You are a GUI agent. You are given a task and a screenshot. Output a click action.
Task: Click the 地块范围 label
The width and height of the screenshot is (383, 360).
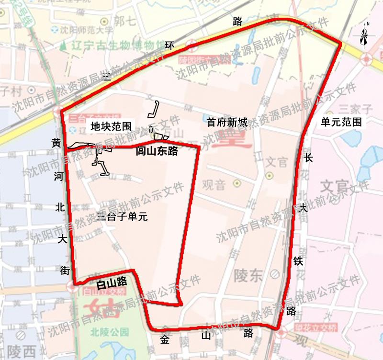click(x=111, y=126)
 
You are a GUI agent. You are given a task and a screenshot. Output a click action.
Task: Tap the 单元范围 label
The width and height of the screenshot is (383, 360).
click(x=341, y=122)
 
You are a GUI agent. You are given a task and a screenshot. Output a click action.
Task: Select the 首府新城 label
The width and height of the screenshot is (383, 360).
click(x=227, y=123)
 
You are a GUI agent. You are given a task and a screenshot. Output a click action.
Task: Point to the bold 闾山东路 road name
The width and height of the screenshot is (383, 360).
click(x=157, y=151)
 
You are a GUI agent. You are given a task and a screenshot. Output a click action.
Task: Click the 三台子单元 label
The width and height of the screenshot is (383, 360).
click(x=122, y=216)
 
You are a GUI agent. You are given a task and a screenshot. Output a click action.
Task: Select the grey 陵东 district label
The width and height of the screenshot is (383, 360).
click(x=248, y=275)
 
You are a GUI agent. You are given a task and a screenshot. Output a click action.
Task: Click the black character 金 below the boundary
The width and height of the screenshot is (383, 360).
click(x=165, y=339)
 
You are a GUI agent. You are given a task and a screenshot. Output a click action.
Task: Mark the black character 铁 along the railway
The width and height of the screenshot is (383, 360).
click(x=298, y=261)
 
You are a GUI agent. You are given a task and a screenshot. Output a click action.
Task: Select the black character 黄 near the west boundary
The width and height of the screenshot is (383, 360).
click(x=56, y=143)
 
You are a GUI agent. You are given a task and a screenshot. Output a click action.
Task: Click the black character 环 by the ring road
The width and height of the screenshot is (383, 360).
click(x=169, y=45)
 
